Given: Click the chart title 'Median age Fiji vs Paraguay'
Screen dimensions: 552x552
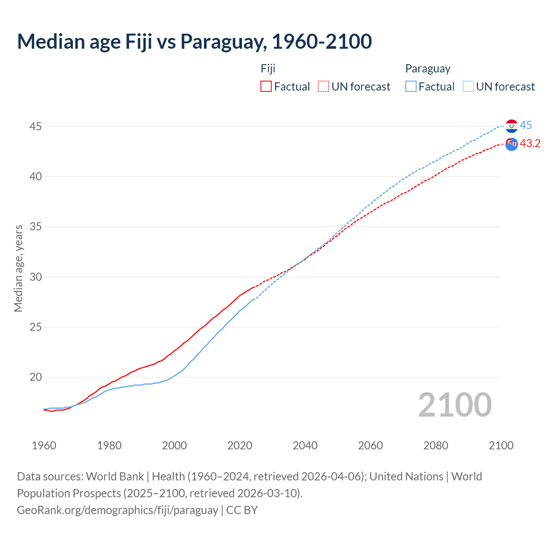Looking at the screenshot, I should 194,41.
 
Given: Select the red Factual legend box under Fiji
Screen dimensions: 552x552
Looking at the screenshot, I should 266,86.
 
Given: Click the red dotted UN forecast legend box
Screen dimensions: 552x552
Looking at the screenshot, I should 323,86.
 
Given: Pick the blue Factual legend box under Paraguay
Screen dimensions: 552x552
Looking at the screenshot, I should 411,86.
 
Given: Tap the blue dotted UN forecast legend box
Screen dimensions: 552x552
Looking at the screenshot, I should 468,86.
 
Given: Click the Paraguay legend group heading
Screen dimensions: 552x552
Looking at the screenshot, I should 427,69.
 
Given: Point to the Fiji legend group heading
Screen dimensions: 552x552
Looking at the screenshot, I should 268,69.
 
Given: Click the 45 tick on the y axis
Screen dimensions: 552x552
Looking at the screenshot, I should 35,126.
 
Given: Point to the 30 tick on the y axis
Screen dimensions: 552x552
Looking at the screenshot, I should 35,277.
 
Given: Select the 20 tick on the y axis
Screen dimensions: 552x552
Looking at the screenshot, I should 35,377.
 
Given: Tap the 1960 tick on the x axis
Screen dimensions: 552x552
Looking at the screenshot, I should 44,445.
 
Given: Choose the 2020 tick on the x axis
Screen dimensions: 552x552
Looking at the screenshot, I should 240,445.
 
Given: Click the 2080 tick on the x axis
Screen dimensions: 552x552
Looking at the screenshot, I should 436,445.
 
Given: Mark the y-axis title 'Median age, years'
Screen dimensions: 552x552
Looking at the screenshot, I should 18,268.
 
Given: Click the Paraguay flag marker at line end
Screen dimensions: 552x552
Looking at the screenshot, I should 511,126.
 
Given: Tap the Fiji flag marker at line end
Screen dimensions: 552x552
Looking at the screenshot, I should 511,144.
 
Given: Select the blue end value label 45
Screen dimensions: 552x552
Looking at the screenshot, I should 526,125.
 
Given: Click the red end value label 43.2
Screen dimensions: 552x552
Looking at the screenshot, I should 530,143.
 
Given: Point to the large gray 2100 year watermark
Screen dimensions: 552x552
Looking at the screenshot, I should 455,405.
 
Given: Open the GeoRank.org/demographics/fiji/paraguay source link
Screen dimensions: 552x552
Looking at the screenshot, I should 117,510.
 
